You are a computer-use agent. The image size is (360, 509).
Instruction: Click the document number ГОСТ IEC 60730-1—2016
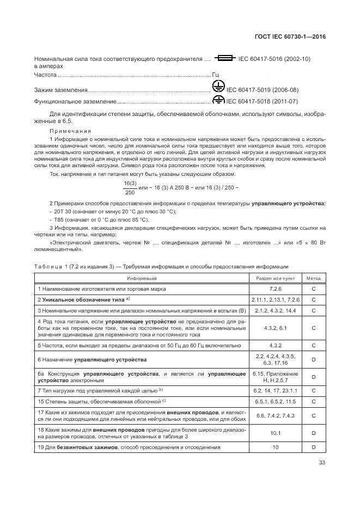(294, 37)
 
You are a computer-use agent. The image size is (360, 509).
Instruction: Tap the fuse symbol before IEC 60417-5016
(224, 58)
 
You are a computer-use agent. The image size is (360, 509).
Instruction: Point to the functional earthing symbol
(218, 101)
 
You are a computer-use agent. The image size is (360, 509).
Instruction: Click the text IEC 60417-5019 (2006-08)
(263, 90)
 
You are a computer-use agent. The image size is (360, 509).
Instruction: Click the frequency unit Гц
(216, 75)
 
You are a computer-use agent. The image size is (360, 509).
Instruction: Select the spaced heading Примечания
(70, 131)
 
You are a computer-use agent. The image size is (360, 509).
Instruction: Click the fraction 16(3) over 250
(130, 187)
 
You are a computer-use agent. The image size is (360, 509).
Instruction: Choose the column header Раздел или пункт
(275, 277)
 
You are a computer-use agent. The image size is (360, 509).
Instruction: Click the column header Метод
(314, 277)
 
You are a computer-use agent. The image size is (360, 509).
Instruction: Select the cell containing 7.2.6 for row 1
(275, 289)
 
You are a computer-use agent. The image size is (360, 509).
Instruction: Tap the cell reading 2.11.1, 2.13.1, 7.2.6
(275, 300)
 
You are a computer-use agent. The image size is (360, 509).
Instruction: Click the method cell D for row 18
(314, 433)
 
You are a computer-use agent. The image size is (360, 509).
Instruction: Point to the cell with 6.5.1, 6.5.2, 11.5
(275, 401)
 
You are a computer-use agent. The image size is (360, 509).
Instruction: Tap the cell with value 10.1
(275, 433)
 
